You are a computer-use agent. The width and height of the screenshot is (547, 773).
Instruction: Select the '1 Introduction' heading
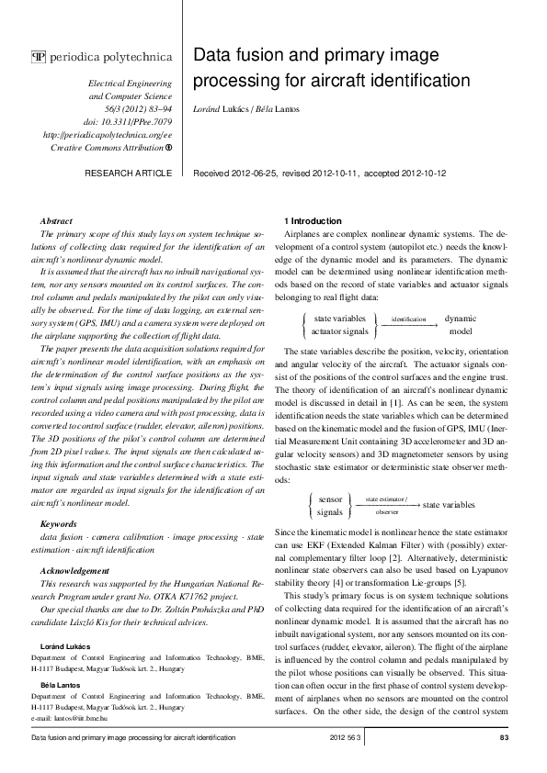click(x=313, y=221)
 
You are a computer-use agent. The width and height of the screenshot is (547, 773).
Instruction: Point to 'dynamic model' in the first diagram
click(x=460, y=324)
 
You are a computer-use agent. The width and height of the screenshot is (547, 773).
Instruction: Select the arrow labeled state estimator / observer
click(x=386, y=505)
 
